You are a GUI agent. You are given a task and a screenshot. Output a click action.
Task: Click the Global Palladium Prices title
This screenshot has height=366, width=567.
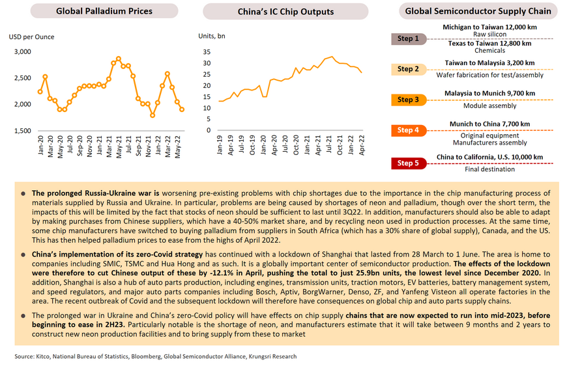(x=104, y=11)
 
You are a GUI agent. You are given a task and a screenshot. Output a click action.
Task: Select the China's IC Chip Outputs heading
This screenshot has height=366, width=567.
(x=285, y=12)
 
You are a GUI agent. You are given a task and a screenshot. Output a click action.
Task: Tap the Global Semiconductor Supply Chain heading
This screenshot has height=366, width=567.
(x=478, y=11)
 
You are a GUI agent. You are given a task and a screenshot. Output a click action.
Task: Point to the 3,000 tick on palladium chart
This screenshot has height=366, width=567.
(x=22, y=51)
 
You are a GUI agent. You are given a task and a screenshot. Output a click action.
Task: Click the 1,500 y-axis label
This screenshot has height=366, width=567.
(x=22, y=131)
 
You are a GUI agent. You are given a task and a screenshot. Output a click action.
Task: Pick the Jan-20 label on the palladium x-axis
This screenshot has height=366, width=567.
(x=40, y=146)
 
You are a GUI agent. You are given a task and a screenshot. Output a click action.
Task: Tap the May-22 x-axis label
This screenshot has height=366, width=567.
(x=177, y=147)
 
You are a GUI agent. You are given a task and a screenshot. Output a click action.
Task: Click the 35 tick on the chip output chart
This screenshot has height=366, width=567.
(x=207, y=52)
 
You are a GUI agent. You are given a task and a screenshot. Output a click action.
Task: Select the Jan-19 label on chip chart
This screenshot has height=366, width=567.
(x=220, y=145)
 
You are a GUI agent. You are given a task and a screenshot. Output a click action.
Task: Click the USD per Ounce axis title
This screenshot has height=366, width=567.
(x=31, y=37)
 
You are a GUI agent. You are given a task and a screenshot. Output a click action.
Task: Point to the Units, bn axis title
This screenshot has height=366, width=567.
(x=212, y=36)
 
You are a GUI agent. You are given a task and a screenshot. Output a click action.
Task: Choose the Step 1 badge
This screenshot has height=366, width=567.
(x=409, y=38)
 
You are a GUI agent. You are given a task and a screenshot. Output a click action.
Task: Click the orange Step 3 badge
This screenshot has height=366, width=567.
(x=409, y=100)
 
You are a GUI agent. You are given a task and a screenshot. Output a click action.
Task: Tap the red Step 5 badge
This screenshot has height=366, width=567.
(x=409, y=163)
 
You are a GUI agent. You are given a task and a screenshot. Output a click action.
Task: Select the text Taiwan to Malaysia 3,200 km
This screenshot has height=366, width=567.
(x=489, y=63)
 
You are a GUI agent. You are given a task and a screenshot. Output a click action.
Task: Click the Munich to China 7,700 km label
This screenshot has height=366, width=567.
(x=489, y=124)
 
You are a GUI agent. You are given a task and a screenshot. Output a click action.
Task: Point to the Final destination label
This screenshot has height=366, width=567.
(x=489, y=169)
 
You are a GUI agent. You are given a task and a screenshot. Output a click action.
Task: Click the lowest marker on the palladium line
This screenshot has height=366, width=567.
(x=153, y=116)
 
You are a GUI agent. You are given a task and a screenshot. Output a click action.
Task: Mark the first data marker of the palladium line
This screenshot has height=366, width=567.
(x=40, y=92)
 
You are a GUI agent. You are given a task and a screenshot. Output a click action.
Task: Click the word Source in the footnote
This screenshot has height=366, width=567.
(x=24, y=357)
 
